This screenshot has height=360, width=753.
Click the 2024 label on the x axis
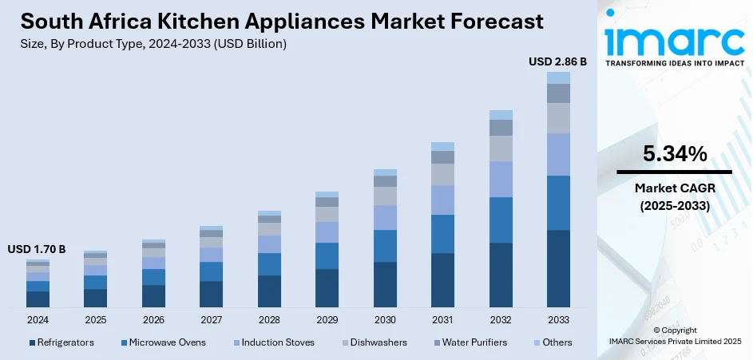tap(38, 319)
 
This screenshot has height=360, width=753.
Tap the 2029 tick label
tap(327, 319)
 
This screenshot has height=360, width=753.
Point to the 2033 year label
tap(558, 319)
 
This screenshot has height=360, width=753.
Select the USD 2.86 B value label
tap(558, 61)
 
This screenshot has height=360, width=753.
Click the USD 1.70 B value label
tap(37, 249)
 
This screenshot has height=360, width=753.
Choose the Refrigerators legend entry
tap(61, 342)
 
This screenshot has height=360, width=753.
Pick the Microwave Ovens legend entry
tap(163, 342)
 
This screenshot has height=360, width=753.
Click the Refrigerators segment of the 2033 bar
tap(558, 268)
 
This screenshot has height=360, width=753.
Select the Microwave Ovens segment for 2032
tap(501, 220)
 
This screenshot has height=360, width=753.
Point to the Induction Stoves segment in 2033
tap(558, 154)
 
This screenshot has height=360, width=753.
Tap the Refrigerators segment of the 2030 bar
tap(385, 284)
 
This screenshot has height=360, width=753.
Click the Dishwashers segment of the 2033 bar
tap(558, 118)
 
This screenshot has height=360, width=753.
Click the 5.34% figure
tap(674, 154)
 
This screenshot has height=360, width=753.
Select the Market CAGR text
tap(674, 188)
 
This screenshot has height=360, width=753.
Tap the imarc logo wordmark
tap(674, 40)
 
